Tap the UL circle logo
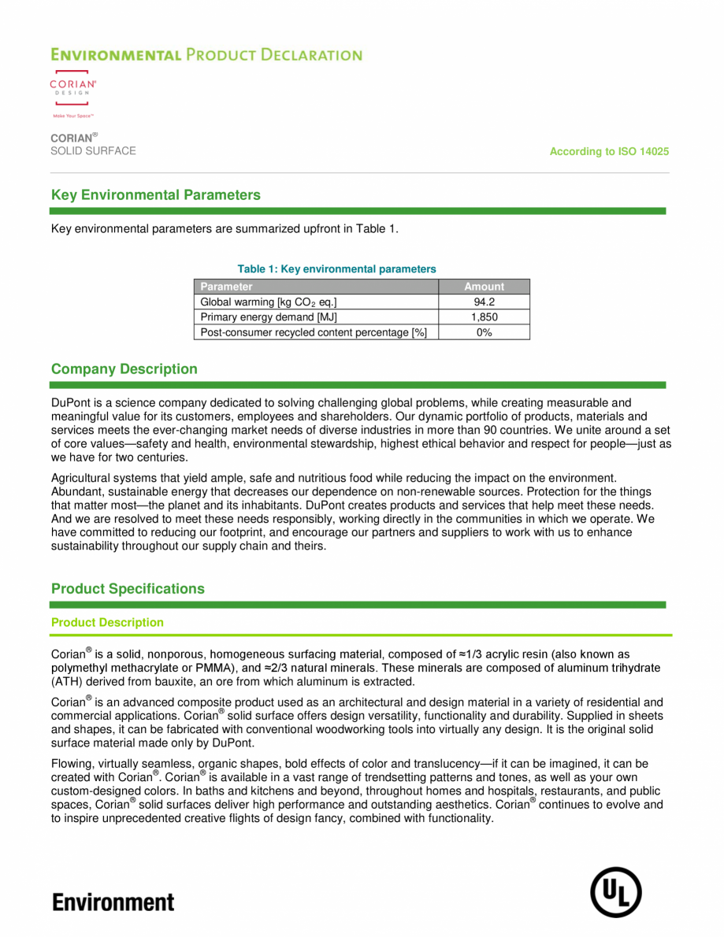[x=616, y=892]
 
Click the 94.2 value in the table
[x=484, y=302]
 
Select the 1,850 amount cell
[x=484, y=317]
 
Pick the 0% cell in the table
[x=484, y=332]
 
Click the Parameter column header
[x=227, y=287]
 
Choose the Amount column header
[x=484, y=287]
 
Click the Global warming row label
[x=269, y=302]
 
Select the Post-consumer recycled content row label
[x=314, y=332]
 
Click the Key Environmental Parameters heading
[x=155, y=195]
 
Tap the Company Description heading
[x=124, y=369]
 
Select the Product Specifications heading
[x=128, y=589]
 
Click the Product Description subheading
[x=107, y=623]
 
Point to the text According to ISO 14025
[x=609, y=151]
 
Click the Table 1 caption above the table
[x=336, y=269]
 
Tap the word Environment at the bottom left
[x=113, y=902]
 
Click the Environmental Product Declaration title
[x=206, y=55]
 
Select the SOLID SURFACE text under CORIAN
[x=93, y=151]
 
